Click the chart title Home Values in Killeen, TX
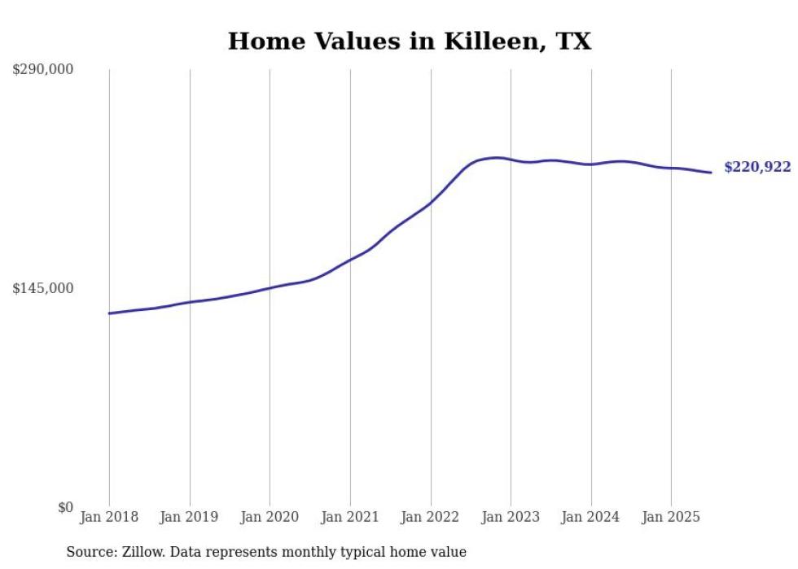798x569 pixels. (409, 42)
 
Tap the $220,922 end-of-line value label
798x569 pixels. (756, 168)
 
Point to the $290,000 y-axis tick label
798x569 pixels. (42, 70)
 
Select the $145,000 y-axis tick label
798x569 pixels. (42, 288)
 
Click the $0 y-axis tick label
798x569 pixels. (64, 508)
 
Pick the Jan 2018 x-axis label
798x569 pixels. (109, 517)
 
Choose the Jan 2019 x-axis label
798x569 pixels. (190, 517)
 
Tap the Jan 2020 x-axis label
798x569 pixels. (270, 517)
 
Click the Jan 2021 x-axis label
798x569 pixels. (350, 517)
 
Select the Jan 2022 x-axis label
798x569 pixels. (431, 517)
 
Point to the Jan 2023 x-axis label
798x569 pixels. (511, 517)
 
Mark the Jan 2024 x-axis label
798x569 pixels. (591, 517)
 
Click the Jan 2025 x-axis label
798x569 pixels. (671, 517)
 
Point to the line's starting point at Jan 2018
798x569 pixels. (109, 313)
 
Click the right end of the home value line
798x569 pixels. (711, 173)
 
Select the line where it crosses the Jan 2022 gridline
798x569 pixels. (431, 202)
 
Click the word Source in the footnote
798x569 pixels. (88, 553)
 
